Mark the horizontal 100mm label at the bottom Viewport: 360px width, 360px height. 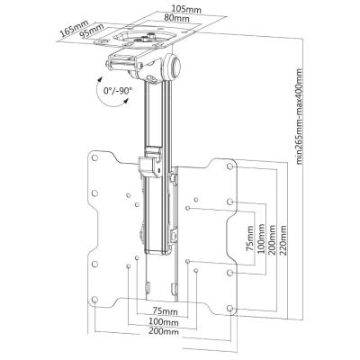[x=162, y=321]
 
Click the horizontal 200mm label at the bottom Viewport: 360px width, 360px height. [x=162, y=333]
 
